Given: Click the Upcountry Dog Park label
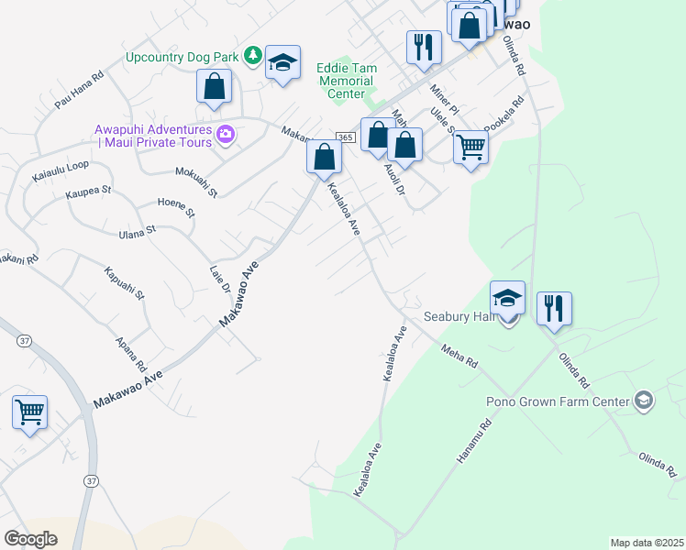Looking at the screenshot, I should click(x=183, y=57).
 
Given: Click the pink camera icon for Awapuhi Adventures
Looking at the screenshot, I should click(x=226, y=136).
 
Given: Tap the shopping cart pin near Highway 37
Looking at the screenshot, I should click(x=29, y=412).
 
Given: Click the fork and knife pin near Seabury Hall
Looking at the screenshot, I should click(x=554, y=307).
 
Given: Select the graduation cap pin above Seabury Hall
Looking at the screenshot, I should click(x=507, y=297).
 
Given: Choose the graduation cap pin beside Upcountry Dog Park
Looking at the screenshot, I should click(x=282, y=63).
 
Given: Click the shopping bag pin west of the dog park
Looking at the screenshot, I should click(x=214, y=87).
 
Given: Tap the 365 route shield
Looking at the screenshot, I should click(x=345, y=137).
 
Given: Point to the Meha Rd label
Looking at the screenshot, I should click(x=459, y=356).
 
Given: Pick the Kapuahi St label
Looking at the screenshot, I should click(x=125, y=283).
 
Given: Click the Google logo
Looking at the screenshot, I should click(x=31, y=539).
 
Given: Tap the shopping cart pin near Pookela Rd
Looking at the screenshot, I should click(x=470, y=145).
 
